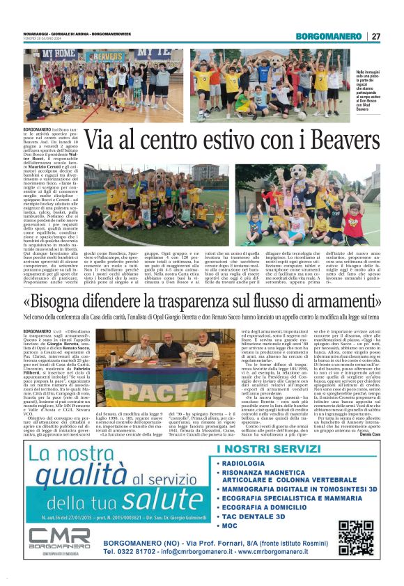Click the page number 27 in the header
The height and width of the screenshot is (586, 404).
tap(376, 36)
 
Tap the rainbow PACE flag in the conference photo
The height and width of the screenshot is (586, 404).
tap(130, 381)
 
